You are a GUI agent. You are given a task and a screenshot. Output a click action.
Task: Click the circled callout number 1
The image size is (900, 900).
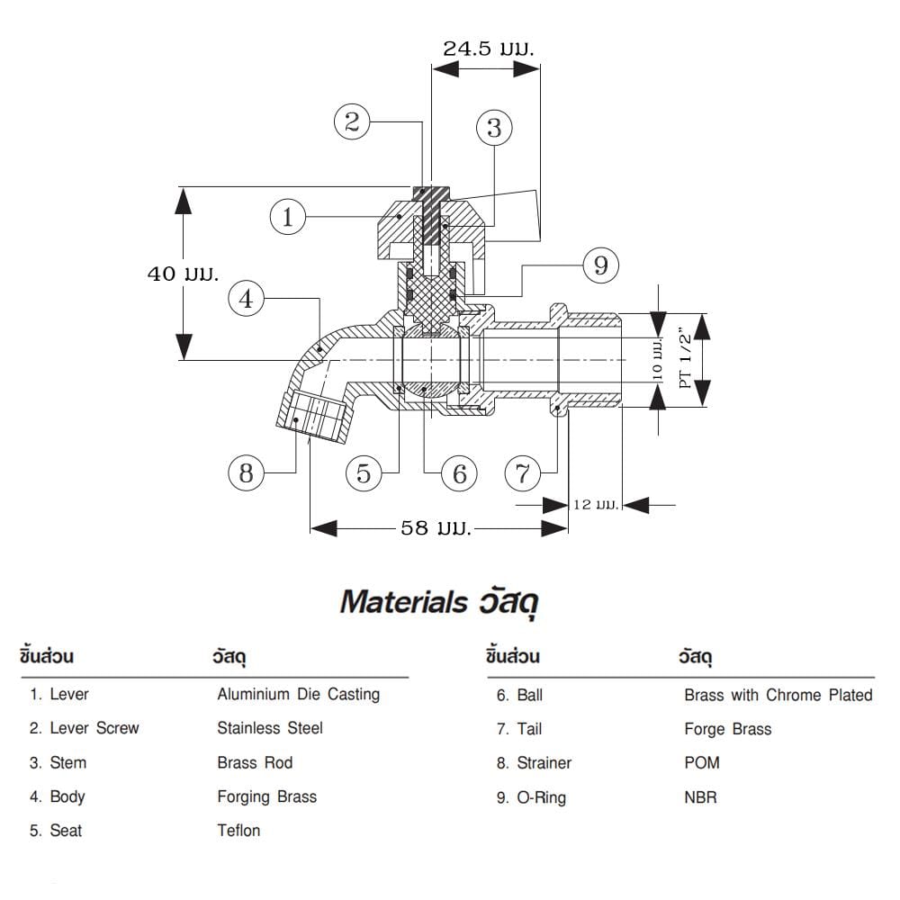coord(288,216)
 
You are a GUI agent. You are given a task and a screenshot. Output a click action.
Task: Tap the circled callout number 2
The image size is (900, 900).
coord(352,121)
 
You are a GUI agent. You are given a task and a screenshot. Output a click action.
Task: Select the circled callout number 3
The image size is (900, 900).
coord(494,128)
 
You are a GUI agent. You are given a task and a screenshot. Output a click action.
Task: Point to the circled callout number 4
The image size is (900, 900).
coord(247,299)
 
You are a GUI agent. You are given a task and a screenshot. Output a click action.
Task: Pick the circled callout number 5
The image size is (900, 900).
coord(364,473)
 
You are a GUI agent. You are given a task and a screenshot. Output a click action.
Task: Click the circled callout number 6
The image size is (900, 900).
coord(459,473)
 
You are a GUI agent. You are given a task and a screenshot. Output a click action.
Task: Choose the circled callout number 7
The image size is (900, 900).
coord(523,473)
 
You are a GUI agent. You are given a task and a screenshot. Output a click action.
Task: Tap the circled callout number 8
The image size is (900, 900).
coord(247,473)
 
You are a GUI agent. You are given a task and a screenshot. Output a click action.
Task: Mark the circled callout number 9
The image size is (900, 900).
coord(600,265)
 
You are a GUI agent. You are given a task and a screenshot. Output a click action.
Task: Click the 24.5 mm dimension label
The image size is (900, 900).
coord(489,49)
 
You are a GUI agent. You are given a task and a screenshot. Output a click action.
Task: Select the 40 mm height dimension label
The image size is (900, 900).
coord(183,274)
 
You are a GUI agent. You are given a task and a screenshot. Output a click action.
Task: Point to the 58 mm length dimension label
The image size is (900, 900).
coord(436,527)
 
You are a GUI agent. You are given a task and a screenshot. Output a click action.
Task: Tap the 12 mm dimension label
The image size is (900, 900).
coord(596,505)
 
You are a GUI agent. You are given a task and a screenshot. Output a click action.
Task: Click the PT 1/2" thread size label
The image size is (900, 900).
coord(685,359)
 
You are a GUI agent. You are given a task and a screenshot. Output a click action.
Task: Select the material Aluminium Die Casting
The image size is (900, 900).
coord(299,695)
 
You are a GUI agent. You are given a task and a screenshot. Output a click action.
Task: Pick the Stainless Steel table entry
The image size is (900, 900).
coord(270,728)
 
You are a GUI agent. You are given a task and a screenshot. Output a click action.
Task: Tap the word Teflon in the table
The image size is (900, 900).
coord(238,831)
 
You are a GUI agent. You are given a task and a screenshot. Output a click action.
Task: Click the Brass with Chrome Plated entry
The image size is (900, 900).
coord(778,695)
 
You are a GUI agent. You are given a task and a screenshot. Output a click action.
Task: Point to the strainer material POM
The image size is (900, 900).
coord(702,763)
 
